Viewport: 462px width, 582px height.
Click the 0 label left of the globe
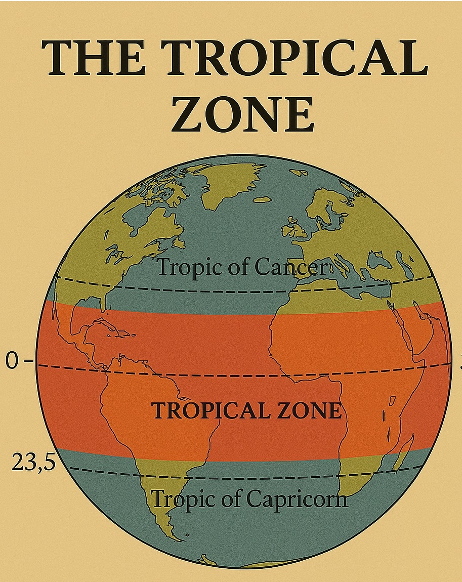[11, 361]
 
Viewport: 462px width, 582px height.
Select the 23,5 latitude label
[33, 462]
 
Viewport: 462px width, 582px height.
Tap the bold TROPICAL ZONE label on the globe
[246, 410]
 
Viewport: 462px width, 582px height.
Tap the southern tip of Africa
[349, 493]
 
